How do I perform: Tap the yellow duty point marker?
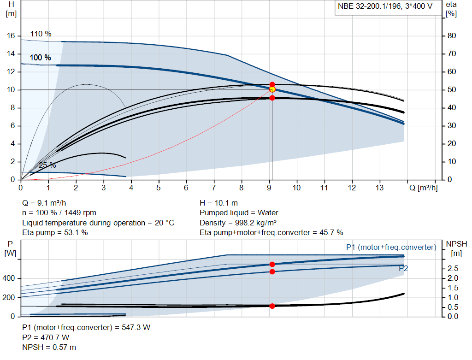click(272, 89)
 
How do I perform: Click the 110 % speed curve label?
click(41, 34)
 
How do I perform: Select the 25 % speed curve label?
click(47, 165)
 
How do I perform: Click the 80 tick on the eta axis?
click(452, 36)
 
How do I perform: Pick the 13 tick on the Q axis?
click(379, 188)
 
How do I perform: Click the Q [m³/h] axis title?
click(423, 188)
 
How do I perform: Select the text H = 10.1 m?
click(218, 203)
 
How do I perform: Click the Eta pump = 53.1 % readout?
click(55, 232)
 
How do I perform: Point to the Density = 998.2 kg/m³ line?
click(238, 223)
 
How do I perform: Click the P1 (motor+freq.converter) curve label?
click(391, 248)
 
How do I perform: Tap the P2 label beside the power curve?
click(403, 268)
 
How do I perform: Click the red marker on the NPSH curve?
click(272, 306)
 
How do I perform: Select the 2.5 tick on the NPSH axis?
click(453, 268)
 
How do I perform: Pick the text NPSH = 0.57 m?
click(49, 347)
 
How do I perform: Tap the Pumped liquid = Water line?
click(239, 212)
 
